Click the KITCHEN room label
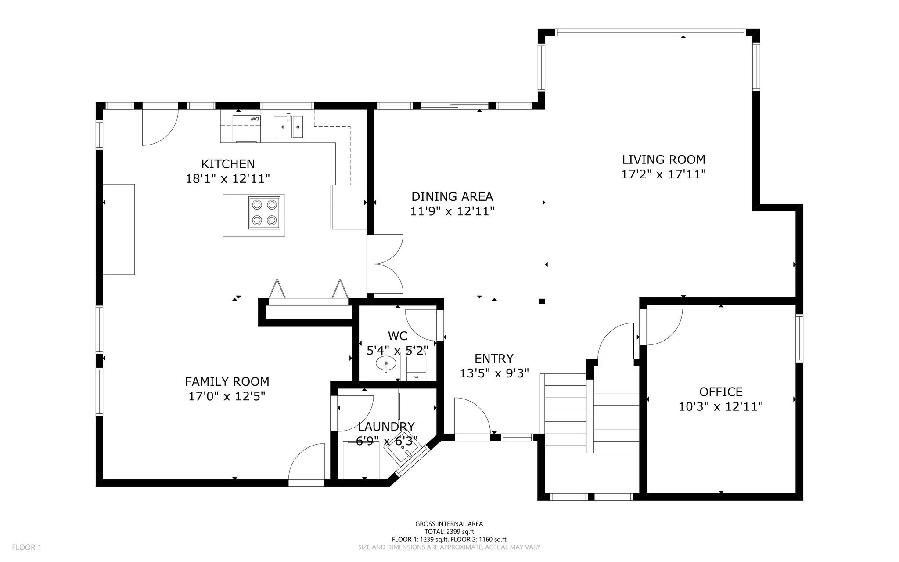point(228,164)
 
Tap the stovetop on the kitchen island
point(265,213)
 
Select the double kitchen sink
point(288,127)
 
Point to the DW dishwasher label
point(255,119)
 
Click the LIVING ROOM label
point(664,160)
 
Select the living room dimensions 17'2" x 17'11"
point(663,174)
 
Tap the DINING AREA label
point(452,196)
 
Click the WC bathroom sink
point(386,363)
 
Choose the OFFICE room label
point(721,392)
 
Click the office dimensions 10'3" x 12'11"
point(721,406)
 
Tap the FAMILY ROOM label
point(227,381)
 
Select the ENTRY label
point(494,359)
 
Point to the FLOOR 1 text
point(26,547)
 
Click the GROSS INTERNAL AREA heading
point(449,524)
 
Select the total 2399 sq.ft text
point(449,532)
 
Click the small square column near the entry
point(542,301)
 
